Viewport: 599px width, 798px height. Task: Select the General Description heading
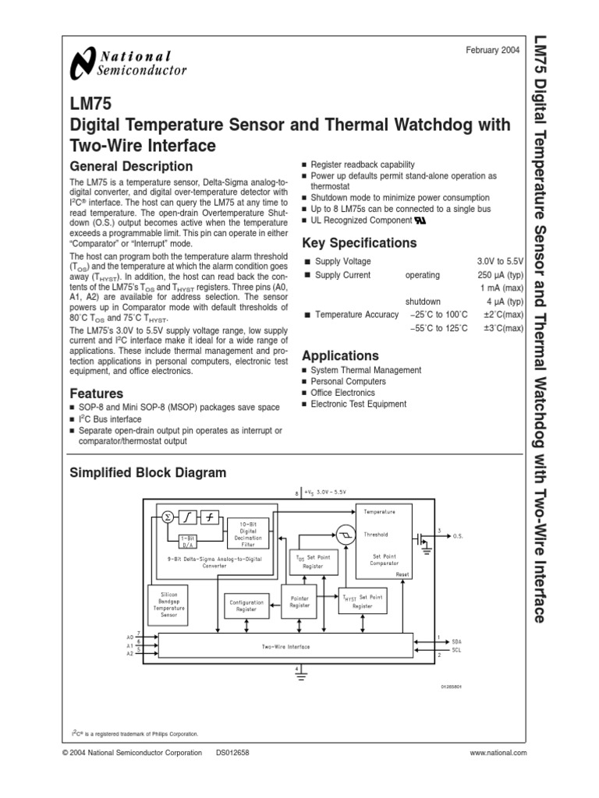(x=131, y=166)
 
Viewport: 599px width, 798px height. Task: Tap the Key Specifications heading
(x=359, y=242)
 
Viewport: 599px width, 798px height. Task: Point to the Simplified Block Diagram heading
(x=148, y=472)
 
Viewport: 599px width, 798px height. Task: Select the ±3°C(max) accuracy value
(x=503, y=328)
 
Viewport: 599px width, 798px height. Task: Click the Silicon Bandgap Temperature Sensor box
(x=168, y=603)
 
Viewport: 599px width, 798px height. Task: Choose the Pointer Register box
(x=299, y=601)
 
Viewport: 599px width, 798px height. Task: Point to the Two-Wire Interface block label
(x=285, y=647)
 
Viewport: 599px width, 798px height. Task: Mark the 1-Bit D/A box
(x=188, y=542)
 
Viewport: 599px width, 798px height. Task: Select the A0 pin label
(x=130, y=636)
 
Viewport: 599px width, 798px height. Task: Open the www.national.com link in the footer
(x=499, y=753)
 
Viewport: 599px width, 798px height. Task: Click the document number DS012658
(x=238, y=753)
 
